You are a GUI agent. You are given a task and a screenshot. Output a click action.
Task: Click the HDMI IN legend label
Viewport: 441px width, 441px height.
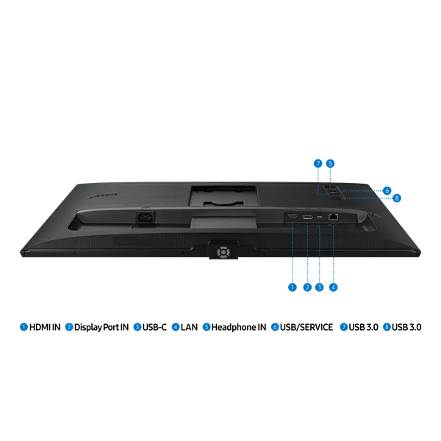[45, 327]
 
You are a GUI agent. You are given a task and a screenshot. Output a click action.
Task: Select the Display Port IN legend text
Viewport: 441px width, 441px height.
[101, 327]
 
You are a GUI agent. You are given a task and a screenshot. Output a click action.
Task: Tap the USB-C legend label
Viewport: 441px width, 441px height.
[154, 327]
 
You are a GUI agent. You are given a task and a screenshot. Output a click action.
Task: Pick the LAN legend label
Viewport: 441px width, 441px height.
[189, 327]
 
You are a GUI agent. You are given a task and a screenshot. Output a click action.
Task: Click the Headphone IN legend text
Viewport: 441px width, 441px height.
[238, 327]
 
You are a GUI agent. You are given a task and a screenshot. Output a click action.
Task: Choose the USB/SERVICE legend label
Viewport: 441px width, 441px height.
[306, 327]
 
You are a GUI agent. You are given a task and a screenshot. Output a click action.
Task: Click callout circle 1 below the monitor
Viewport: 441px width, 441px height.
[293, 287]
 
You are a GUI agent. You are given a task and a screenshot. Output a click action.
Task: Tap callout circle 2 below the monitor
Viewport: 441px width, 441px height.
[307, 287]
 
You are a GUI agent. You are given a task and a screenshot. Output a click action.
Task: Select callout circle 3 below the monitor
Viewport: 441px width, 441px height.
[319, 287]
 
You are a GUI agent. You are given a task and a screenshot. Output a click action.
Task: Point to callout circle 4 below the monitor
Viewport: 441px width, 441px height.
[333, 287]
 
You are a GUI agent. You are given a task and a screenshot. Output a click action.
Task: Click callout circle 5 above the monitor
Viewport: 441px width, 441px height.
[330, 163]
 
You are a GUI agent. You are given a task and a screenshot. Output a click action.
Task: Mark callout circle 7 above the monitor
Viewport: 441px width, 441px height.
[318, 163]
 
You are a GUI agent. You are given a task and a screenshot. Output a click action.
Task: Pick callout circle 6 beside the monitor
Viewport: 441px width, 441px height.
[387, 190]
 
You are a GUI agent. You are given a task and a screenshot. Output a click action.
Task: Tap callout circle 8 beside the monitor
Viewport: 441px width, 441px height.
[397, 198]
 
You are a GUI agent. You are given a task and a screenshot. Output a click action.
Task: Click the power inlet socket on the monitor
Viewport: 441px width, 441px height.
[146, 217]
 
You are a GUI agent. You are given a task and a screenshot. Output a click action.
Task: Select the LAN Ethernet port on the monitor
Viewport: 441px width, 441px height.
[333, 217]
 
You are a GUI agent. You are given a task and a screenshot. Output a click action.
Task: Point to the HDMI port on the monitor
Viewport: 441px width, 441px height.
[293, 216]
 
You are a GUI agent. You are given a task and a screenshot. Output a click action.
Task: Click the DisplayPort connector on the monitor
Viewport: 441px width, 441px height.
[307, 217]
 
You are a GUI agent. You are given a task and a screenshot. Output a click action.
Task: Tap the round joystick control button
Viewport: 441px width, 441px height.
[223, 251]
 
